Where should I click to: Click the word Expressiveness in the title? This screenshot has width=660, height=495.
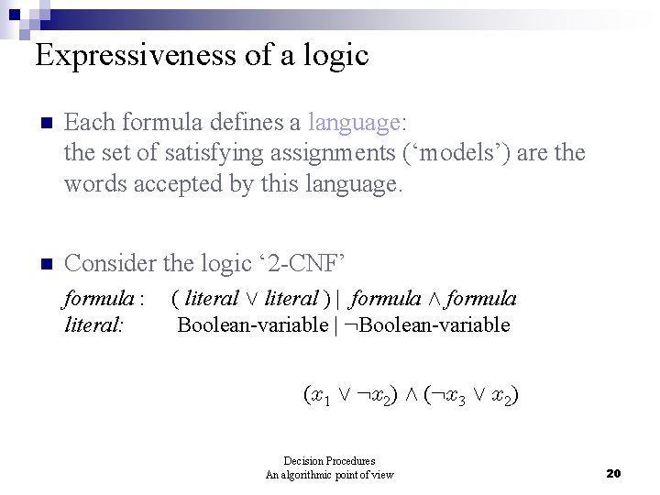click(136, 56)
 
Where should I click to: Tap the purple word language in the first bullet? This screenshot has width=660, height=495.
click(353, 122)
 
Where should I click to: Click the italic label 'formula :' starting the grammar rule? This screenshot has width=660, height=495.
click(104, 299)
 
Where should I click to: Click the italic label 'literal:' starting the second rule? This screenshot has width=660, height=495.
click(94, 324)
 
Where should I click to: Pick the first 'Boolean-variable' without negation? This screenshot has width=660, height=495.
click(252, 324)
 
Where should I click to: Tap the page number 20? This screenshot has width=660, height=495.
click(613, 473)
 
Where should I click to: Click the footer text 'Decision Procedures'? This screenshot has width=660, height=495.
click(329, 461)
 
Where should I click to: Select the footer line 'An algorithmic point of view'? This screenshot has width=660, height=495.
click(329, 474)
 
